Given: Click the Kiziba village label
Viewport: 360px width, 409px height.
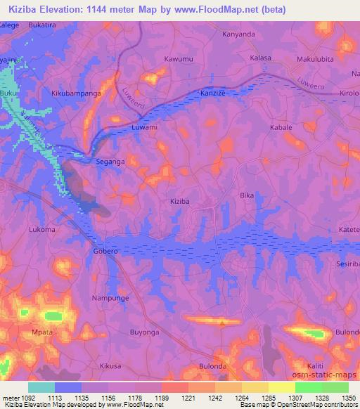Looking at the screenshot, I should click(x=180, y=202).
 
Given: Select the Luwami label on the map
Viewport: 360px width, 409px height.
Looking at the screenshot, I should click(x=145, y=128).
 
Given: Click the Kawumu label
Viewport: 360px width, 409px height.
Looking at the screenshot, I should click(x=178, y=59).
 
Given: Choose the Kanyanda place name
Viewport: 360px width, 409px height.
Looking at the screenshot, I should click(x=217, y=33).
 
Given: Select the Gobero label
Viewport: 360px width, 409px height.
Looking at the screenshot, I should click(x=105, y=251).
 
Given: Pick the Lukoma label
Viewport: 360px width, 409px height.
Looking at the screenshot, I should click(x=42, y=229).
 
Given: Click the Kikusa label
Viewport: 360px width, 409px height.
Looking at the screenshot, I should click(x=111, y=366).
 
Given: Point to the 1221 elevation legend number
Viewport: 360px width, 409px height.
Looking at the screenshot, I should click(x=174, y=397).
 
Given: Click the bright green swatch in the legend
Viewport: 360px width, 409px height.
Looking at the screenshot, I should click(x=308, y=387).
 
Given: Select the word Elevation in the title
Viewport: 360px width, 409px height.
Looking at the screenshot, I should click(x=65, y=9).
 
